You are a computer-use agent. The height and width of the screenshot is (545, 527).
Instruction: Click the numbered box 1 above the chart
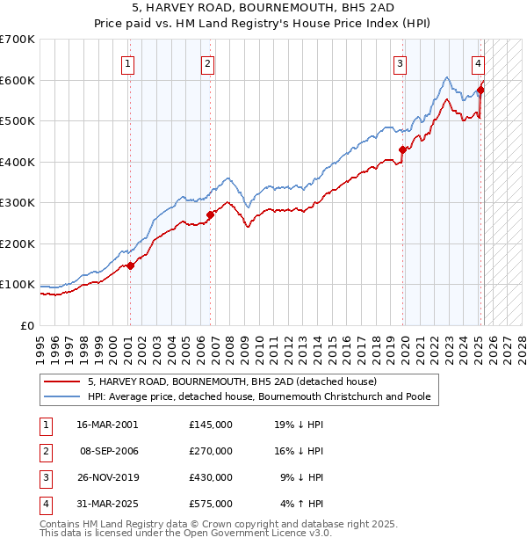click(128, 62)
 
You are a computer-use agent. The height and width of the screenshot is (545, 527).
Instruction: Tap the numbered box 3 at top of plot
click(400, 62)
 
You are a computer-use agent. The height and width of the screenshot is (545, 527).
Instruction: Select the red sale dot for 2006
click(211, 214)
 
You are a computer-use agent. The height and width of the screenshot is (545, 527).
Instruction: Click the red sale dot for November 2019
click(403, 149)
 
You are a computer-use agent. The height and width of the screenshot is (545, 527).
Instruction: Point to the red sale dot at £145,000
click(130, 265)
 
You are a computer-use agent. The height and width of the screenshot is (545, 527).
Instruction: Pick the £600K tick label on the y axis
click(18, 80)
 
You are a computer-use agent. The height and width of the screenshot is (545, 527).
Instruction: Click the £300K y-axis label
click(18, 203)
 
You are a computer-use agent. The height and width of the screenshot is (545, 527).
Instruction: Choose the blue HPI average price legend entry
click(258, 396)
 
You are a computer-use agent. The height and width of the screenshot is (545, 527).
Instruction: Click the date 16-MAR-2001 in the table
click(107, 424)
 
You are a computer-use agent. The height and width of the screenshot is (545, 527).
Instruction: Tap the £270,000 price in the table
click(211, 451)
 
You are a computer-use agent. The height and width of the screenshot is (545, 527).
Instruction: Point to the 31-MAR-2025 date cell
click(107, 504)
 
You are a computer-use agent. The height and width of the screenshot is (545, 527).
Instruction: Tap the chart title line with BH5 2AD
click(263, 8)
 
